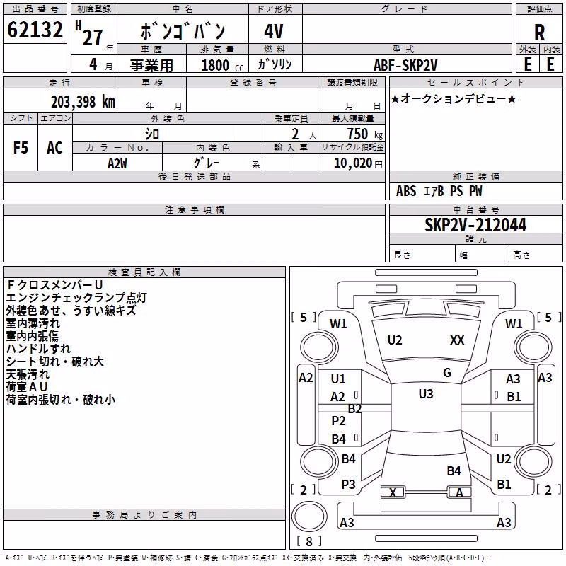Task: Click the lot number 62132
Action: [35, 30]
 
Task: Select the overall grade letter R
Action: [539, 33]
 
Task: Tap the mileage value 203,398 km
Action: [83, 102]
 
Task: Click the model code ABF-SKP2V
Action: [405, 65]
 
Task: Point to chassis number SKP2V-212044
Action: [475, 225]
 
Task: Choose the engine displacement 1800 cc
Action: [222, 65]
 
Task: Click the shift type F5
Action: [21, 148]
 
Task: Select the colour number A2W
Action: [117, 163]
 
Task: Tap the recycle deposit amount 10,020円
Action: [358, 163]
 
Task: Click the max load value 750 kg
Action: [364, 134]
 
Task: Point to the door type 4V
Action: [274, 31]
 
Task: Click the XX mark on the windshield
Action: [457, 340]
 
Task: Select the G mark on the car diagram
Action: [447, 373]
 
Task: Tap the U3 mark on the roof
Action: [426, 393]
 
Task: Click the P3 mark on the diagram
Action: [348, 485]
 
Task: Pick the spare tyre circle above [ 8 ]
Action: [309, 516]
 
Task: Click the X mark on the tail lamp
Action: [393, 492]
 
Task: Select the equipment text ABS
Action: [406, 191]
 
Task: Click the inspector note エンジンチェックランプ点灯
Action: [76, 298]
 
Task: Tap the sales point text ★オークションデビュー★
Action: [454, 98]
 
